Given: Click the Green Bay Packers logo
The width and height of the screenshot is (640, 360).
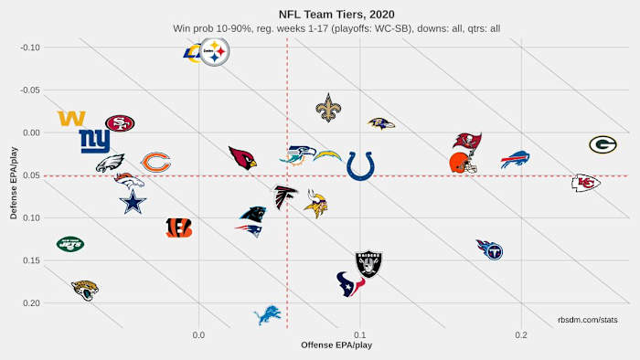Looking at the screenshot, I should tap(603, 144).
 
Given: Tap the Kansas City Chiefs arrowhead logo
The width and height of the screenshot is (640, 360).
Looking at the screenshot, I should tap(586, 183).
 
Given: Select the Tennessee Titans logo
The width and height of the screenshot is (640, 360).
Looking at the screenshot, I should tap(489, 249).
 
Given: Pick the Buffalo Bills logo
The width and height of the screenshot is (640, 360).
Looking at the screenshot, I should tap(516, 159).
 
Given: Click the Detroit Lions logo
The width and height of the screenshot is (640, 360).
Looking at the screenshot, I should tap(267, 314).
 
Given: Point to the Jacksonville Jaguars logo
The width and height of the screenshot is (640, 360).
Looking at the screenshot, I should tap(84, 290).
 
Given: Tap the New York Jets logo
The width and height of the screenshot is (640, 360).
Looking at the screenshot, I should tap(69, 244).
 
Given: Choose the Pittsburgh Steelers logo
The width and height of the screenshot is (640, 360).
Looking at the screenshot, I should tap(216, 54).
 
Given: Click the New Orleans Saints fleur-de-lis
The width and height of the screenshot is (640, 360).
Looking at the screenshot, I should tap(328, 108).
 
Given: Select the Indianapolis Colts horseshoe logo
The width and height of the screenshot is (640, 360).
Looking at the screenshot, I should tap(360, 165).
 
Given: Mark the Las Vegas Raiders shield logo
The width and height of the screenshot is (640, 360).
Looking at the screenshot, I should tap(368, 265).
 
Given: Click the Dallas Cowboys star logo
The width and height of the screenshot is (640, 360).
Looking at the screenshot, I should tap(133, 201).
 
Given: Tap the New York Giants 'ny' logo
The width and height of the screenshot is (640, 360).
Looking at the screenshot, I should tap(94, 141).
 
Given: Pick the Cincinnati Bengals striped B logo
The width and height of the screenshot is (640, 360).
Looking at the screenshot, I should tap(178, 228).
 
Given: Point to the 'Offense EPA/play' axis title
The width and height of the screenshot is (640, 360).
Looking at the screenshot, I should tap(336, 345).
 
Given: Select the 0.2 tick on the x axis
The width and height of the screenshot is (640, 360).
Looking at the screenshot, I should tap(521, 335).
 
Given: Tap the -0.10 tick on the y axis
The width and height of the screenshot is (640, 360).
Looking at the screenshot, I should tap(31, 48).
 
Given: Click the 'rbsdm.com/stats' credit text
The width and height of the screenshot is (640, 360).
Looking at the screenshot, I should tap(588, 320).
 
